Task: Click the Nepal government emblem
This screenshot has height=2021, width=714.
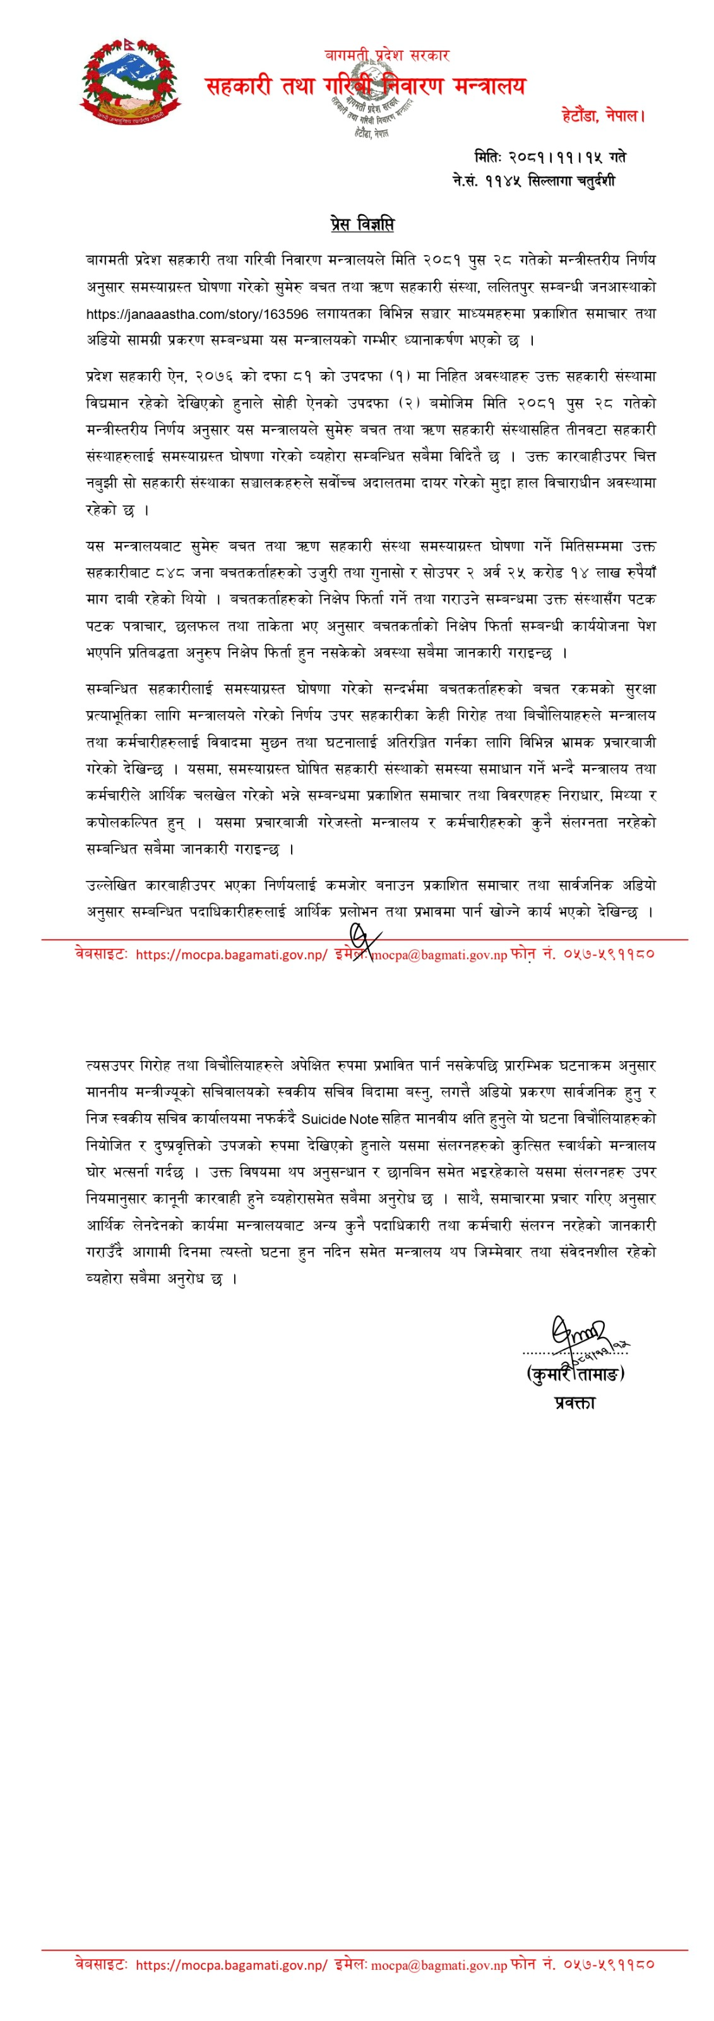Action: coord(129,82)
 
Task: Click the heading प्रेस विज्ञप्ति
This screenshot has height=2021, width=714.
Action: coord(362,224)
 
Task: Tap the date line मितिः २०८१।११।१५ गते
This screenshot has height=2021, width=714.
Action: coord(549,156)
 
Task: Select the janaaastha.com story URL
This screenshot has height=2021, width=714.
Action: coord(197,314)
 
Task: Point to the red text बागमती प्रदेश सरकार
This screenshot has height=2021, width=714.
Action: coord(387,55)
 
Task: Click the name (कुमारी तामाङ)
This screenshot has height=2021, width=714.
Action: coord(575,1374)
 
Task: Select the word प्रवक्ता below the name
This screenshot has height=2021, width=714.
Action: coord(574,1402)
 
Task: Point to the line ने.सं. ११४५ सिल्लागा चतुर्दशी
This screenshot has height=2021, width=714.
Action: coord(533,181)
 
